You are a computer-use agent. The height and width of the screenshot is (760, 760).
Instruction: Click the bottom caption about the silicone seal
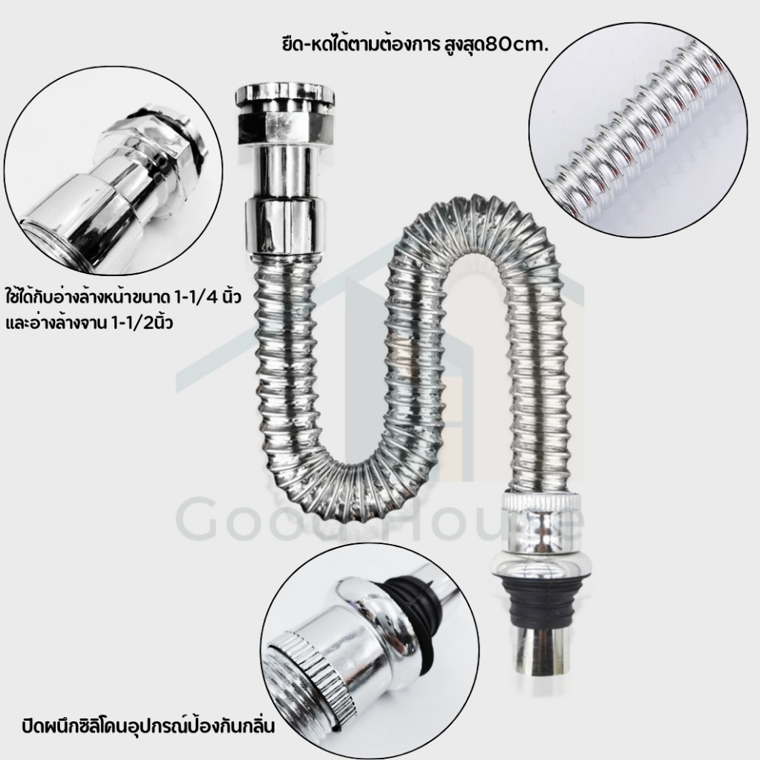click(x=148, y=727)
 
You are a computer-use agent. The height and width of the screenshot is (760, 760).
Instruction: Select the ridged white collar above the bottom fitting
click(x=539, y=503)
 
